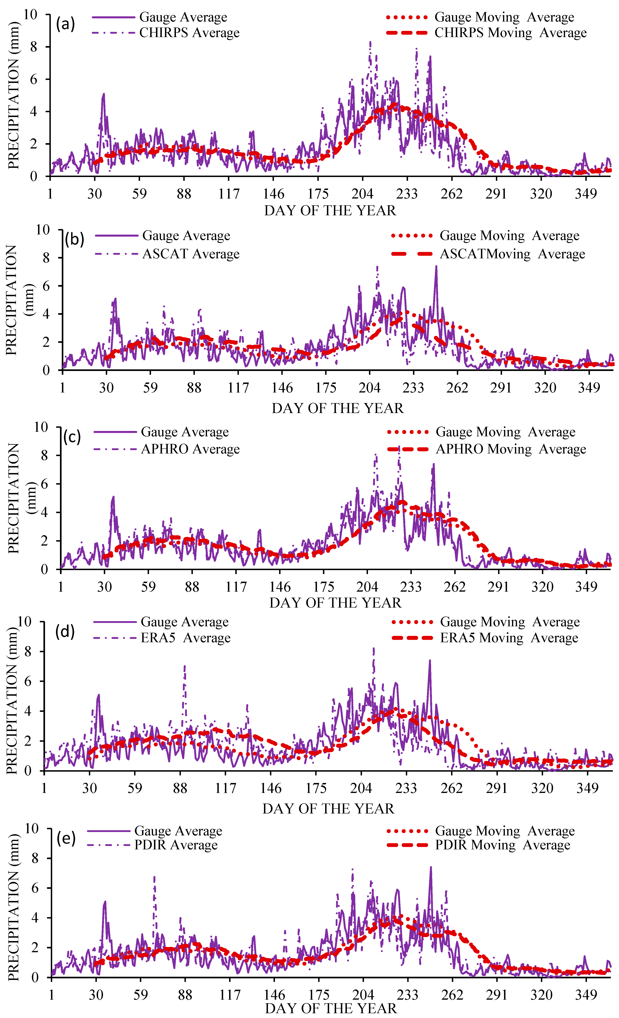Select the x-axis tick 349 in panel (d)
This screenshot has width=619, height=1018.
587,788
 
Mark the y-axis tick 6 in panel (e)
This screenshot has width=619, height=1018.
35,888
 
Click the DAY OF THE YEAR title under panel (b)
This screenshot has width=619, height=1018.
337,408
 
